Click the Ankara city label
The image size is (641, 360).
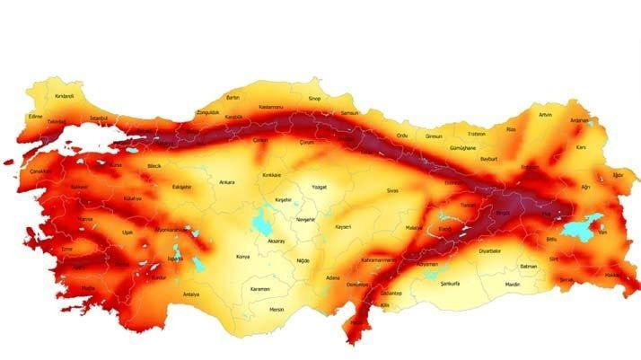pyautogui.click(x=226, y=182)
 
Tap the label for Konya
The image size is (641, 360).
pyautogui.click(x=242, y=257)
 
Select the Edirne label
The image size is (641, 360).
pyautogui.click(x=36, y=116)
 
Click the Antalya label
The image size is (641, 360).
pyautogui.click(x=190, y=294)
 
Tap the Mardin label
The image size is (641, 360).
pyautogui.click(x=513, y=285)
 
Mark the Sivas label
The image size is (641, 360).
pyautogui.click(x=391, y=191)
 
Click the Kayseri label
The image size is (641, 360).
pyautogui.click(x=341, y=227)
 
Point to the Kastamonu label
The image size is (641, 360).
pyautogui.click(x=270, y=106)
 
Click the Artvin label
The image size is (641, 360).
pyautogui.click(x=546, y=115)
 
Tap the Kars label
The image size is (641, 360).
pyautogui.click(x=581, y=146)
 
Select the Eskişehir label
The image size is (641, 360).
pyautogui.click(x=181, y=187)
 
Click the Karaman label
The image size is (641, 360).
pyautogui.click(x=259, y=289)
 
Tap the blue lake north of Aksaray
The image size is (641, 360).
pyautogui.click(x=264, y=221)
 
